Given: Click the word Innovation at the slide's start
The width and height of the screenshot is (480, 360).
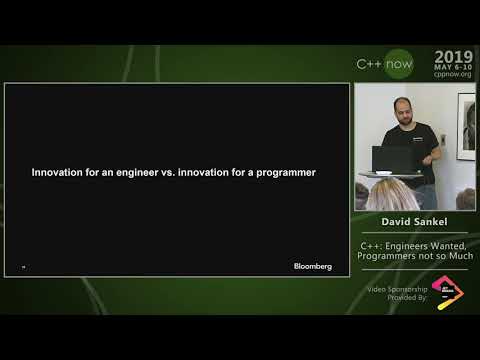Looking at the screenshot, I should [x=61, y=172].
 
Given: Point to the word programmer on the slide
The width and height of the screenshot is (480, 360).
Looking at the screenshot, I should [x=283, y=172].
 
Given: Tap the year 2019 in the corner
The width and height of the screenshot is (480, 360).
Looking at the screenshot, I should [x=454, y=57].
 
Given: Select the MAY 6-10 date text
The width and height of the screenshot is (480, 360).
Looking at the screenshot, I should [x=454, y=67].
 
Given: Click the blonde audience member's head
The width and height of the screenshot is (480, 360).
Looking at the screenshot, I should [x=383, y=192].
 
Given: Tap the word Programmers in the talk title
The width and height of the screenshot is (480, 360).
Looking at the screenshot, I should [x=389, y=256].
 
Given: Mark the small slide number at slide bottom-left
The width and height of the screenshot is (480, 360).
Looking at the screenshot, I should [x=23, y=267].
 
